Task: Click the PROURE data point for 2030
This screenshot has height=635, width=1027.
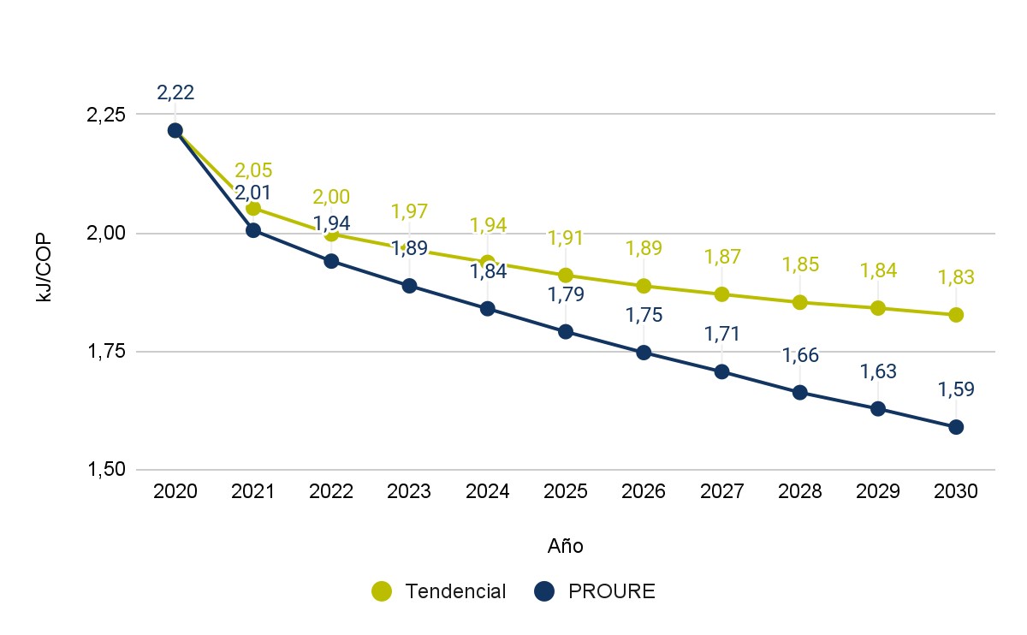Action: click(x=956, y=427)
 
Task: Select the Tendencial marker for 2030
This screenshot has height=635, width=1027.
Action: click(x=956, y=315)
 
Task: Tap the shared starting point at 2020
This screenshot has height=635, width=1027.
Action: click(x=175, y=130)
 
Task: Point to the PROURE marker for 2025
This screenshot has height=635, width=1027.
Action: click(x=566, y=332)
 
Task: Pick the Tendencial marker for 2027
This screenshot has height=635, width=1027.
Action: click(x=721, y=294)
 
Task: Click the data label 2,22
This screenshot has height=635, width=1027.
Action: click(x=175, y=92)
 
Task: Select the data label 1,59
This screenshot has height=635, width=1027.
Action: click(x=956, y=389)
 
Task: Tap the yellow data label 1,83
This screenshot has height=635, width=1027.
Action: click(x=956, y=277)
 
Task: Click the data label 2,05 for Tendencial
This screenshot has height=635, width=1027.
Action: click(x=253, y=170)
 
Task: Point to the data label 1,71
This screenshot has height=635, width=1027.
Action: click(x=721, y=334)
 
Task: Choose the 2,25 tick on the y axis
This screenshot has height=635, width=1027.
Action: click(x=108, y=115)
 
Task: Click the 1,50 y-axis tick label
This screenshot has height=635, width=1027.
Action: click(x=108, y=470)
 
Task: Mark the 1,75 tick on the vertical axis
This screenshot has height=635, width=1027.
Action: click(x=108, y=352)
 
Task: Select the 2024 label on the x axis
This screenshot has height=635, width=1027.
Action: click(x=488, y=492)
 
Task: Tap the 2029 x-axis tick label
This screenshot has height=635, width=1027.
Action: click(x=878, y=492)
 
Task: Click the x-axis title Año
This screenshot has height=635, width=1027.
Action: click(x=565, y=545)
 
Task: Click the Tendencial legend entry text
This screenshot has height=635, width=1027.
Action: click(x=455, y=591)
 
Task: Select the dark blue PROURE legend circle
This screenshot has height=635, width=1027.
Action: click(x=544, y=590)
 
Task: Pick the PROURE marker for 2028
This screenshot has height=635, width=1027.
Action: click(x=799, y=393)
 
